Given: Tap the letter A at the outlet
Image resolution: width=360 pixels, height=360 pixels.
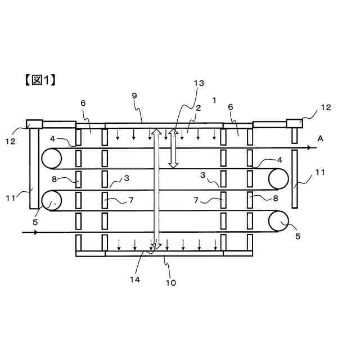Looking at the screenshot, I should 320,138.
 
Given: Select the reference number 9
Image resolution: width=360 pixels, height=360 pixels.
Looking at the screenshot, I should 134,96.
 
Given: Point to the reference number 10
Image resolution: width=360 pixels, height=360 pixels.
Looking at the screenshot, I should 170,282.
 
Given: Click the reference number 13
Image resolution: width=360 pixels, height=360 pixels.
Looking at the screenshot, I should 199,83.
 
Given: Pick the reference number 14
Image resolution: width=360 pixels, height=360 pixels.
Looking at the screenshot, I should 136,278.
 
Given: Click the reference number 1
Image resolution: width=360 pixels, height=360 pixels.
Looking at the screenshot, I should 214,100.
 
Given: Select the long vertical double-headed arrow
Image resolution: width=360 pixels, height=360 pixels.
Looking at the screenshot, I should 156,189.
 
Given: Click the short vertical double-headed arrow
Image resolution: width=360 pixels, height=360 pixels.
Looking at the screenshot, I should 174,148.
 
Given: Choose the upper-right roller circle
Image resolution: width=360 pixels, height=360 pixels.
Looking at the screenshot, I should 278,178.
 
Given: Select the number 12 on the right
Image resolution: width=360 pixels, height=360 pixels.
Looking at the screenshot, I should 326,107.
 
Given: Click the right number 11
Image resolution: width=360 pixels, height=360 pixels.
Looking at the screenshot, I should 319,173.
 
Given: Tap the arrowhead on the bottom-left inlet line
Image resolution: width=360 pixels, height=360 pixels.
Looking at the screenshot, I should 35,231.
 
